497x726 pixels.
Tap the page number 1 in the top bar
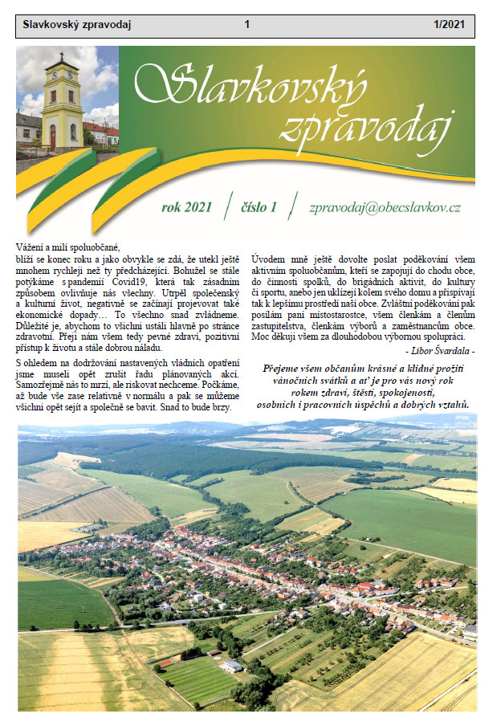click(x=247, y=25)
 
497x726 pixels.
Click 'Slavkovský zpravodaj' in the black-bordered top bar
click(x=77, y=25)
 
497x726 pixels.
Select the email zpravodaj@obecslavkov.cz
click(x=385, y=206)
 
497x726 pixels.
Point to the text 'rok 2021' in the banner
click(x=186, y=206)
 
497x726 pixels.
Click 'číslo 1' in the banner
click(x=259, y=206)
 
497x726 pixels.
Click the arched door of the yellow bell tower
click(x=53, y=138)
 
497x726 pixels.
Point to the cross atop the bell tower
click(x=61, y=55)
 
